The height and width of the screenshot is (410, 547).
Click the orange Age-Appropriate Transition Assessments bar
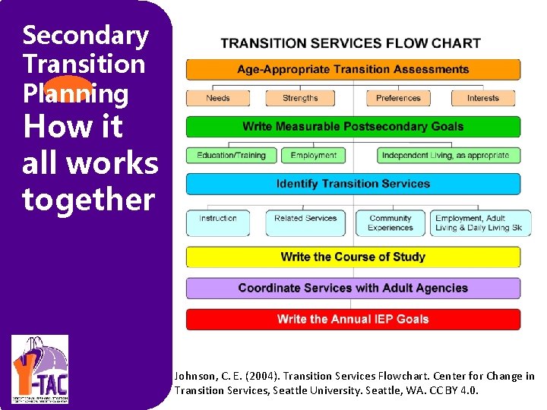point(353,70)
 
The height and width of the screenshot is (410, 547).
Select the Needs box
point(218,98)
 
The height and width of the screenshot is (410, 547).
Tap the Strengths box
point(300,98)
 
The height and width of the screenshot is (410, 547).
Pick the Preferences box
point(398,98)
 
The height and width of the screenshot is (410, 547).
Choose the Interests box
point(482,98)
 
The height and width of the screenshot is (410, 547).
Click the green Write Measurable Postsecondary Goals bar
point(353,127)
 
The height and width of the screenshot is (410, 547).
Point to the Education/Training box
point(232,156)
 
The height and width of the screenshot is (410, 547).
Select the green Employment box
point(313,156)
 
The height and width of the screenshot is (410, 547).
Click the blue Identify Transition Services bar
point(353,184)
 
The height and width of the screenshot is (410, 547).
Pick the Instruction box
point(218,222)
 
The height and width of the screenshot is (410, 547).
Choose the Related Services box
point(305,222)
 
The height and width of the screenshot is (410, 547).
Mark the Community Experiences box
point(390,222)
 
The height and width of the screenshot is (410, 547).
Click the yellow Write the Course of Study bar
point(353,257)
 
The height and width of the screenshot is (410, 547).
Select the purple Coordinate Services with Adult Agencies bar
point(353,289)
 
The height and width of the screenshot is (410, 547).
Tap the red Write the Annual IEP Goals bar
point(353,320)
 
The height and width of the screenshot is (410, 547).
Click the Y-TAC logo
point(40,368)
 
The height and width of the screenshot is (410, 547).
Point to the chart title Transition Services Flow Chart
point(350,43)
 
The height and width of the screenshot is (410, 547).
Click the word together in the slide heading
point(88,200)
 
